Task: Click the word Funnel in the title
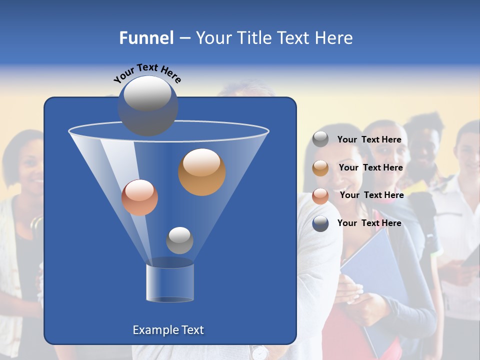[146, 38]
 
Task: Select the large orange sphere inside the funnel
[201, 172]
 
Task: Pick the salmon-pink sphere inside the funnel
[139, 197]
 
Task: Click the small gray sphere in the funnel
[179, 240]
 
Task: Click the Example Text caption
[168, 330]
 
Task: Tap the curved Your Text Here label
[147, 72]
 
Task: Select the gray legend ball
[320, 139]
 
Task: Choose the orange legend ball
[320, 168]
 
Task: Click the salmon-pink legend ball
[320, 195]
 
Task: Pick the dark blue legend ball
[320, 223]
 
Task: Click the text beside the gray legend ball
[369, 140]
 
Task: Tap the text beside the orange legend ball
[370, 168]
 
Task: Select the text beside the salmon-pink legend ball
[371, 195]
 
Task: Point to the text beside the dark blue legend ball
[369, 223]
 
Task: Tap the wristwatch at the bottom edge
[259, 352]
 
